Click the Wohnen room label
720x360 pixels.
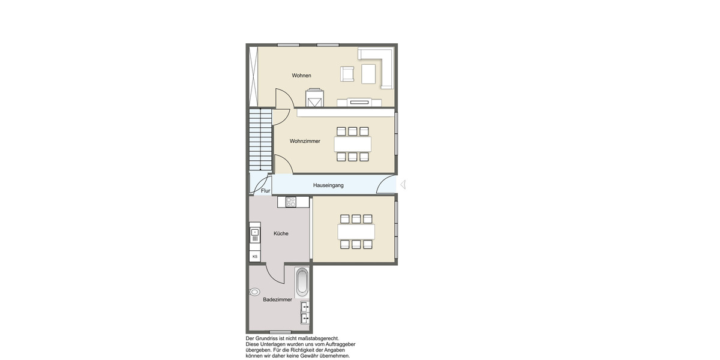tap(301, 76)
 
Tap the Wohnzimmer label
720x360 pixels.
tap(305, 142)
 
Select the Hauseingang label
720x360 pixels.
tap(328, 186)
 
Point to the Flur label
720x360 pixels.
tap(265, 191)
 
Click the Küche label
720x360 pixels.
tap(281, 233)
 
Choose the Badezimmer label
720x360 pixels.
tap(278, 299)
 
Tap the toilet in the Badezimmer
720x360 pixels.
tap(255, 292)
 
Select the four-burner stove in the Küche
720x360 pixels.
tap(291, 202)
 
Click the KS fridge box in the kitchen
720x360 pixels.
tap(255, 256)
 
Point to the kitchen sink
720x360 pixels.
tap(255, 232)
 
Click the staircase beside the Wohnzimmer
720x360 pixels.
tap(260, 139)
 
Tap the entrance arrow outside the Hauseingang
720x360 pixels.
tap(403, 185)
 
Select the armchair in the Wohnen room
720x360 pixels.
tap(347, 74)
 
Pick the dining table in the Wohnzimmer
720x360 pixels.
tap(352, 144)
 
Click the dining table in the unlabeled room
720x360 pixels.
tap(356, 232)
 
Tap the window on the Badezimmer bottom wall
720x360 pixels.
tap(280, 332)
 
